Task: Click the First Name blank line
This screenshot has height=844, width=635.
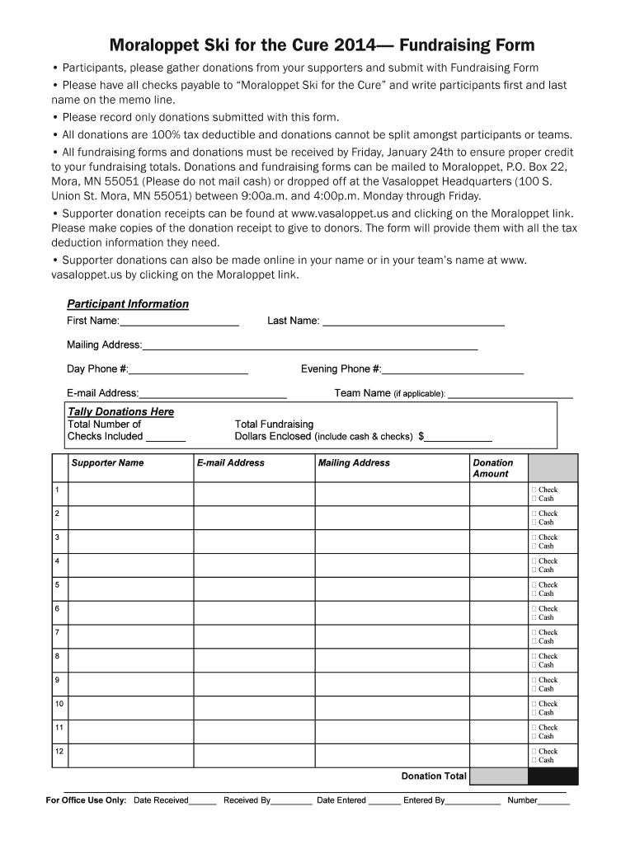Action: point(179,321)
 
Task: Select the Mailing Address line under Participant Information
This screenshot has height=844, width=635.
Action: point(309,345)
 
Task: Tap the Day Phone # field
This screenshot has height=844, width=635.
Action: point(188,370)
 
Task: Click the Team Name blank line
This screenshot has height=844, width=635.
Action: point(509,394)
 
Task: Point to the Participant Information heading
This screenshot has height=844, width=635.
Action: point(128,304)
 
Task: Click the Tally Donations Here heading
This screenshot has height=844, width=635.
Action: point(120,411)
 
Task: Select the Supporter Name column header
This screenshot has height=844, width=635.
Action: point(107,463)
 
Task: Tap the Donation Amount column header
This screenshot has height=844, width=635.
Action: point(492,468)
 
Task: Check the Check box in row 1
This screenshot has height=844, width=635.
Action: point(534,490)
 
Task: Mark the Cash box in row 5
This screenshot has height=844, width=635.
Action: point(534,593)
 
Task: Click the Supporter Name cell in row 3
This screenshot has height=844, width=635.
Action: point(131,541)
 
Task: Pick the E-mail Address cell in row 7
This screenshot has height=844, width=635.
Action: point(254,636)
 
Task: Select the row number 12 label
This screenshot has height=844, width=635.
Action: point(59,751)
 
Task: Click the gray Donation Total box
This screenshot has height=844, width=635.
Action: point(498,776)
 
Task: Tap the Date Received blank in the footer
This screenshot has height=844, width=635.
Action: point(202,801)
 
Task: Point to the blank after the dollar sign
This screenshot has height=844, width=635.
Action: point(458,437)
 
